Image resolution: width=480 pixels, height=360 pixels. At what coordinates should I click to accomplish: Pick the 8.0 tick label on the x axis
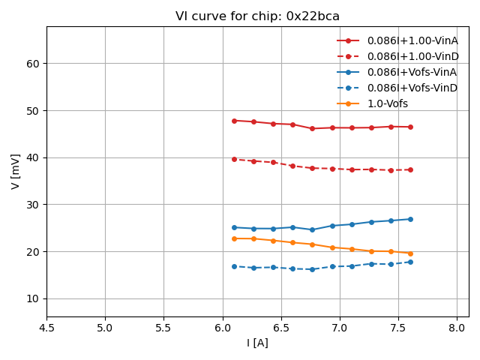tap(457, 328)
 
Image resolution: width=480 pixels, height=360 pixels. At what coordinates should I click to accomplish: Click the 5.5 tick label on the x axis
tap(163, 328)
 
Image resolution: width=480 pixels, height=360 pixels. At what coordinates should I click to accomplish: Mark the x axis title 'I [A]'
tap(257, 343)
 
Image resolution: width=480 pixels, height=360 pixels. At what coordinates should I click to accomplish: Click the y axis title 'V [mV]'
tap(15, 172)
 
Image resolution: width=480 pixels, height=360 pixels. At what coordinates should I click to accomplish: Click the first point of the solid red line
tap(234, 121)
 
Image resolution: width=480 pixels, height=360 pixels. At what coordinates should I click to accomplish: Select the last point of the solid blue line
tap(410, 219)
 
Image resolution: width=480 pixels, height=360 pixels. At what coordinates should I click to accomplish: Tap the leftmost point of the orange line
tap(234, 238)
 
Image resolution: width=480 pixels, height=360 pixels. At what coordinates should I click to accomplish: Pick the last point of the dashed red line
tap(410, 169)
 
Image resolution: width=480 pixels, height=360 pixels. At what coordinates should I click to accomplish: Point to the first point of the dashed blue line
tap(234, 266)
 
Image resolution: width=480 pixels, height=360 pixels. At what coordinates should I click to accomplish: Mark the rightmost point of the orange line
tap(410, 253)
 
